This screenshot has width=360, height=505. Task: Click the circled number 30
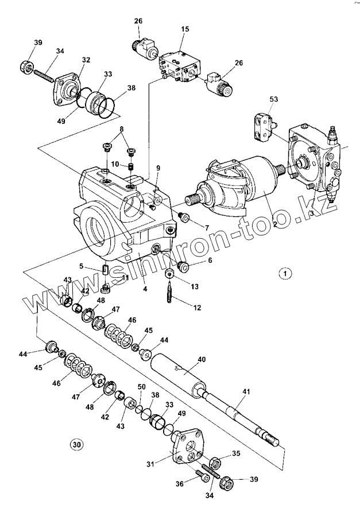pos(76,443)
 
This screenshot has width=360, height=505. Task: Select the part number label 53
pos(273,99)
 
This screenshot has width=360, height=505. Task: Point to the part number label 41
pos(246,391)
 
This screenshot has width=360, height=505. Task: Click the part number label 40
pos(202,360)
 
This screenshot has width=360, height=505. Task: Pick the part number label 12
pos(197,308)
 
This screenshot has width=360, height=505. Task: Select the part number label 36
pos(180,484)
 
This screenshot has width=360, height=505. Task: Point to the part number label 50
pos(142,387)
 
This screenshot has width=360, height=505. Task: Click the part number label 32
pos(86,60)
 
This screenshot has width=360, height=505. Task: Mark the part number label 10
pos(115,164)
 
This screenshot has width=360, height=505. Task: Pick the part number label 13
pos(195,285)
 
